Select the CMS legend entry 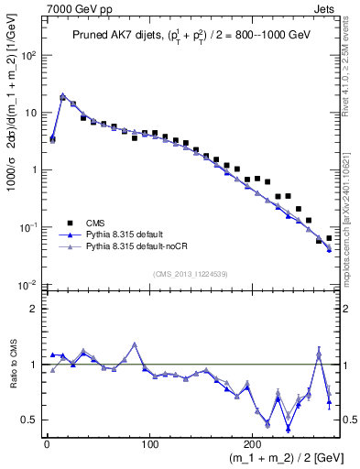click(x=94, y=223)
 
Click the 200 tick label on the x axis click(x=253, y=443)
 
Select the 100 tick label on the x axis click(x=149, y=443)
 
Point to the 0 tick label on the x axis click(x=47, y=443)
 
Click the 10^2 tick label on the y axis click(x=28, y=55)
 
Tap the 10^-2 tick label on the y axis click(x=28, y=285)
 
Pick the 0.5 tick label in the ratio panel click(x=30, y=420)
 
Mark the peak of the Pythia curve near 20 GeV click(x=62, y=94)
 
